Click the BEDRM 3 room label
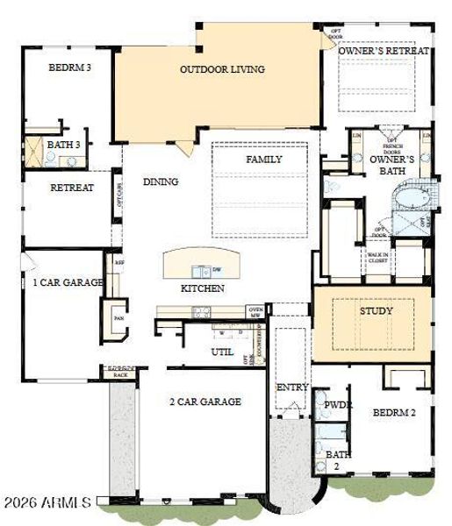70,68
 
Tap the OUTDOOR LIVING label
222,69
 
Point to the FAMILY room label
263,160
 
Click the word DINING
161,182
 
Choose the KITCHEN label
203,288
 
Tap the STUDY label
376,310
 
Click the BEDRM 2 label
393,412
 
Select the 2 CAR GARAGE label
205,402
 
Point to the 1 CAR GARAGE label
68,282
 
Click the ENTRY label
291,387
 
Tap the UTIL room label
221,351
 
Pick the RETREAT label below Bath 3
72,188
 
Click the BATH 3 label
64,145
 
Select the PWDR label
338,405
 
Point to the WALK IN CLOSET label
377,256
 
